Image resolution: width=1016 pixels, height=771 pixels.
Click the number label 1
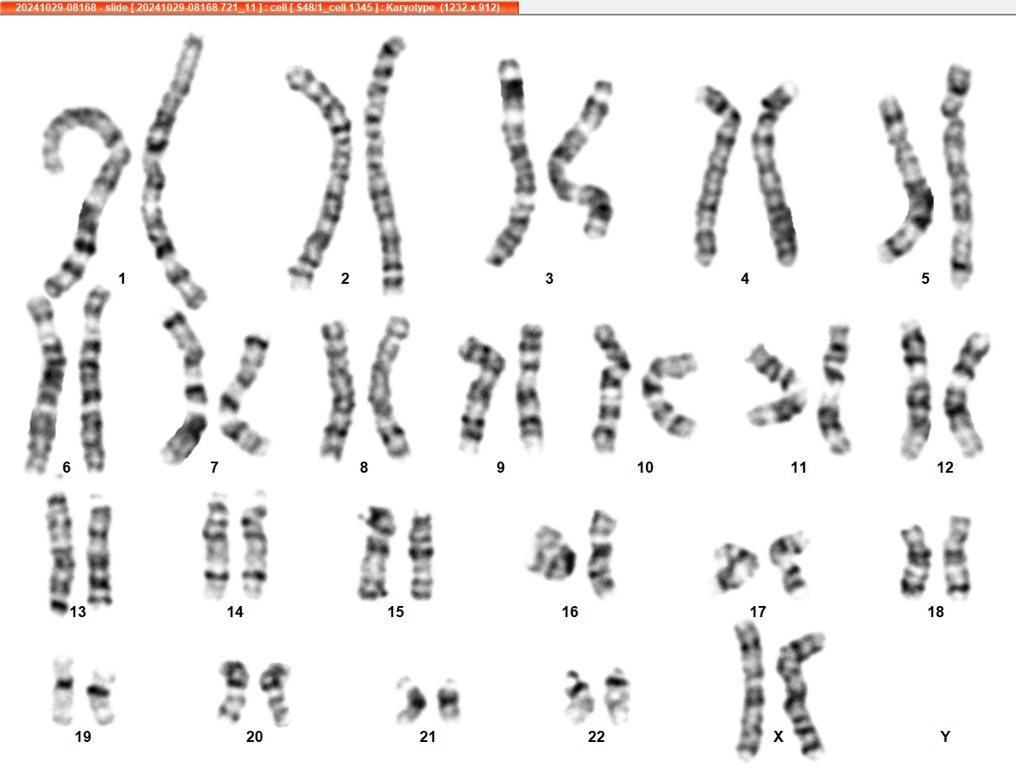[122, 279]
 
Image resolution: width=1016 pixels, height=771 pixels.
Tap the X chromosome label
[778, 737]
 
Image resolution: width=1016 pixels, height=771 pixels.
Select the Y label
[945, 737]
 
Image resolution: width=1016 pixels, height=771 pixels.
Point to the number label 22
[596, 737]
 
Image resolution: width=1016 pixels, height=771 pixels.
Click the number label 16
[570, 612]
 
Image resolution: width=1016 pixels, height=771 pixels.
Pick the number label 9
[500, 468]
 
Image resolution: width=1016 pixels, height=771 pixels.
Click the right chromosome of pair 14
[255, 544]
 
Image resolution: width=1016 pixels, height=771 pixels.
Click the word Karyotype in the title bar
[410, 7]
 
